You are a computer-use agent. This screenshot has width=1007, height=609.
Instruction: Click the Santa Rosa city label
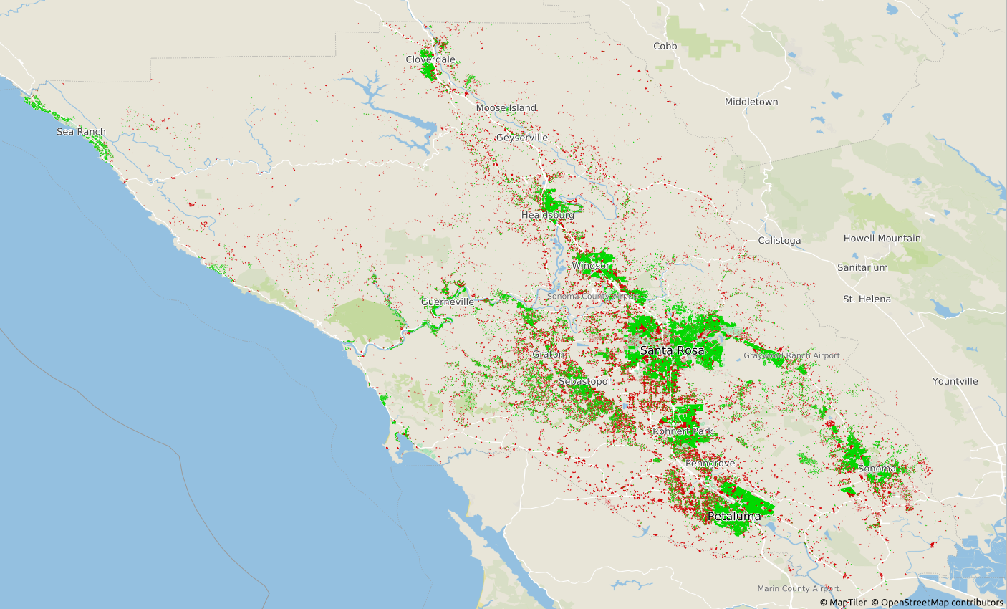[672, 350]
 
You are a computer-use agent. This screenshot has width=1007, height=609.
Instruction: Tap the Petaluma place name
[734, 516]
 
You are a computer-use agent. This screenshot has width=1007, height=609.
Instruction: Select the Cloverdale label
[430, 59]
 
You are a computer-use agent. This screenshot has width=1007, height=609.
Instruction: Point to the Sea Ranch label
[81, 132]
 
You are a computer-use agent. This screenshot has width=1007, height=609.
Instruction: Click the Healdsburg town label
[547, 215]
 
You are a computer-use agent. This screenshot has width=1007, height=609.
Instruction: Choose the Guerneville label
[447, 302]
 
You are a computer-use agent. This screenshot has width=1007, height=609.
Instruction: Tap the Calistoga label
[779, 241]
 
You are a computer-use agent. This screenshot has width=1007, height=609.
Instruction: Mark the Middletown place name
[751, 102]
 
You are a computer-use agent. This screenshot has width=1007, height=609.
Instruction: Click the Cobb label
[665, 46]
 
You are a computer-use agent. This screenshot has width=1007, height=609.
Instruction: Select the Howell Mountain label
[882, 239]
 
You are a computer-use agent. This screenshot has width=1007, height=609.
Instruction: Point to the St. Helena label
[867, 299]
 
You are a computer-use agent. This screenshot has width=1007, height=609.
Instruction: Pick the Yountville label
[955, 381]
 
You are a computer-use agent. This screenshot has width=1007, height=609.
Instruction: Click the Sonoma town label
[876, 469]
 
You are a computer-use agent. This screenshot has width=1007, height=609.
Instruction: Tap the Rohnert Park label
[682, 431]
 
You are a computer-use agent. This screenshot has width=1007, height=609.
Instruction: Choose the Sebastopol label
[584, 382]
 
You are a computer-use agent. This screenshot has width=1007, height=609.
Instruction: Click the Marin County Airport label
[799, 588]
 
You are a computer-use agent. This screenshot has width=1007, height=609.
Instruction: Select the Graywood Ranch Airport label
[791, 355]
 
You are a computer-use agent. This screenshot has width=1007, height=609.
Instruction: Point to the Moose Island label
[506, 108]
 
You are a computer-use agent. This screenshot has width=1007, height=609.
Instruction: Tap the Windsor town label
[591, 266]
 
